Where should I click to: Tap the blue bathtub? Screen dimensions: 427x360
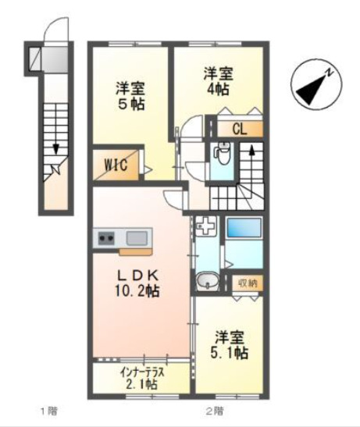tap(244, 230)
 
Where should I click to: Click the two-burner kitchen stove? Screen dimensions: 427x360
tap(106, 237)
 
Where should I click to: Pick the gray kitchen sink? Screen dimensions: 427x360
tap(134, 237)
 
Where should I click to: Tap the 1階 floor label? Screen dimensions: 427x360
tap(49, 411)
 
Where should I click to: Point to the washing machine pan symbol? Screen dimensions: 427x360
tap(205, 227)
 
